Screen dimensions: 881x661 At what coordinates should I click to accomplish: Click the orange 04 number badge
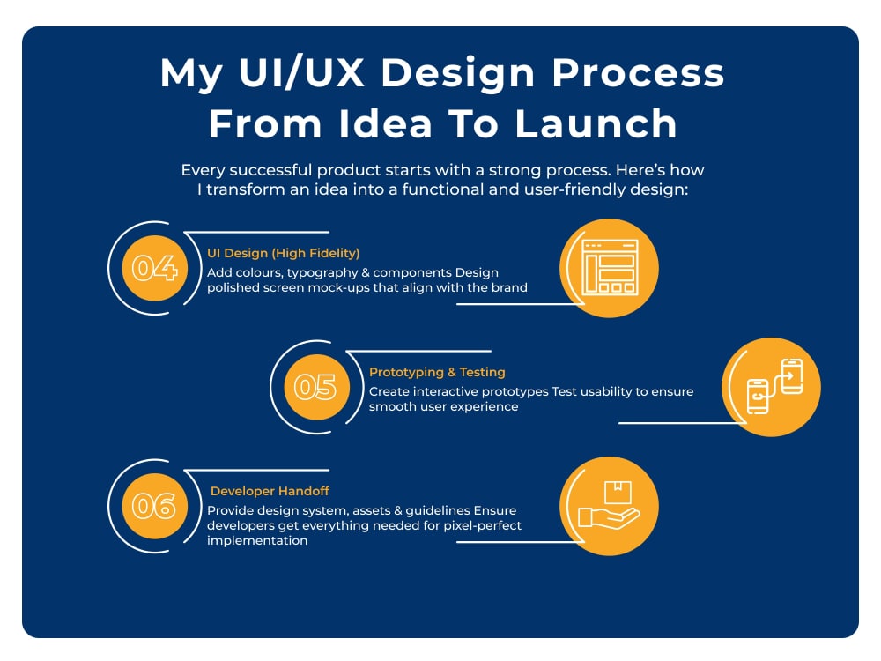154,268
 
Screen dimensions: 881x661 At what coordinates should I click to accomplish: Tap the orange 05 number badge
316,387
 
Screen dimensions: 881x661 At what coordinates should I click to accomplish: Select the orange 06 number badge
154,507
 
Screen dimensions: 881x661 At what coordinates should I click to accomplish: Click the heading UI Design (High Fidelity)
283,254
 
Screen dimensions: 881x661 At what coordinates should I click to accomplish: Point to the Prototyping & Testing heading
437,372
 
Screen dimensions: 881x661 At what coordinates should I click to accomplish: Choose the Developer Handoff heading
270,491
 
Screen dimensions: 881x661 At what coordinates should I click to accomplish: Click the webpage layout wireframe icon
611,268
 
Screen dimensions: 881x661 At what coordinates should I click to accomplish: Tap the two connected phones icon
774,386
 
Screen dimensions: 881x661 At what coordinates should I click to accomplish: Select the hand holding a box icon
609,505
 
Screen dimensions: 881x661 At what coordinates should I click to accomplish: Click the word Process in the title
638,73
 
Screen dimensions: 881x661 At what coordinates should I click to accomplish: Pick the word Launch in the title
596,123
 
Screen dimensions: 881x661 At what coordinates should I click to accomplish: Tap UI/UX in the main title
301,73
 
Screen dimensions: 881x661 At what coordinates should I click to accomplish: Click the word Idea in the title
386,123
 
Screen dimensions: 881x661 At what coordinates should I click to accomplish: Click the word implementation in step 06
257,541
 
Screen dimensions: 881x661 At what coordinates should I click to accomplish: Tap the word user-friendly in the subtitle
574,189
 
